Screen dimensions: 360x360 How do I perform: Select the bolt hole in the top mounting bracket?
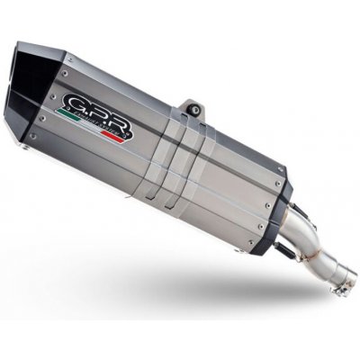coord(192,109)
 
